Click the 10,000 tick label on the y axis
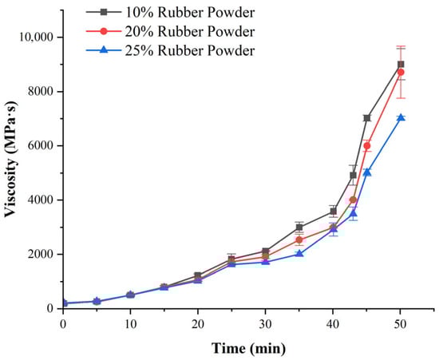coord(33,38)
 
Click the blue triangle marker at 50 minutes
coord(401,117)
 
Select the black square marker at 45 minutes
coord(367,118)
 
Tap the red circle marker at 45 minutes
coord(367,146)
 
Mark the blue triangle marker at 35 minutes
coord(299,254)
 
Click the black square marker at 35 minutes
coord(299,227)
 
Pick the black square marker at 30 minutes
coord(265,251)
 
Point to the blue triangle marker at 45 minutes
coord(367,172)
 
